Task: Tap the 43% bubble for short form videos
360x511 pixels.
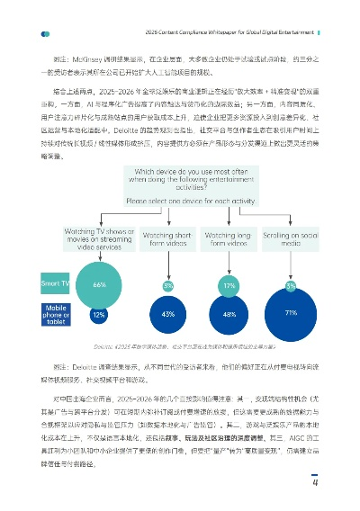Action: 168,315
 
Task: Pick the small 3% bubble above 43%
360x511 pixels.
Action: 168,285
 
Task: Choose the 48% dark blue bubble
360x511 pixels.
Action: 229,315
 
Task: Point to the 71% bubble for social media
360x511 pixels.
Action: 290,313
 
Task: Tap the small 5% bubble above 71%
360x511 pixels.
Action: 290,286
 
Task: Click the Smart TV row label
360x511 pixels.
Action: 55,284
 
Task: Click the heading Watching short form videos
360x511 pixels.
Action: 168,238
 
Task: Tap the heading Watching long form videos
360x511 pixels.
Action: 229,238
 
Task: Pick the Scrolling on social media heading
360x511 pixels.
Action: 290,238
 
